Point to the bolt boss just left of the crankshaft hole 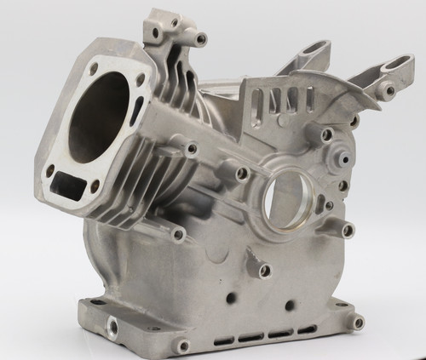242,174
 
